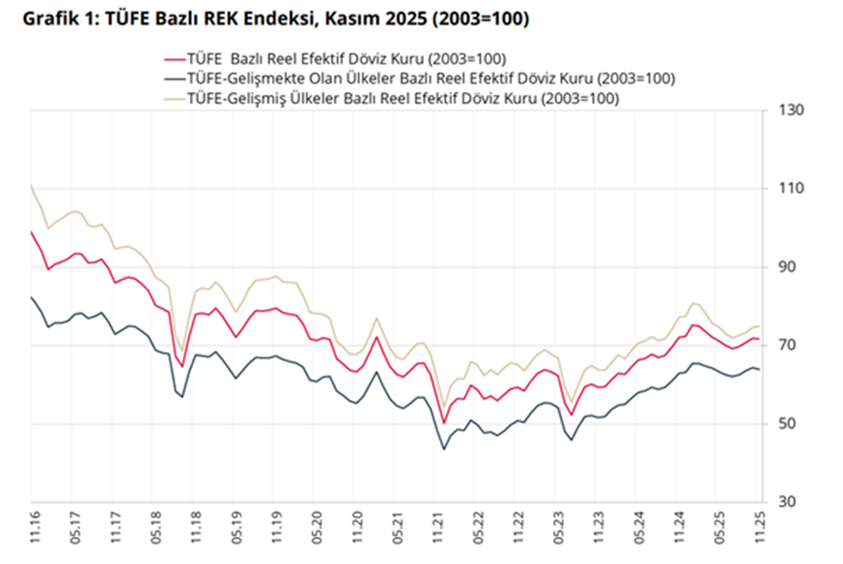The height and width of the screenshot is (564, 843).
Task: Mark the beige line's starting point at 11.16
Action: click(x=31, y=185)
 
